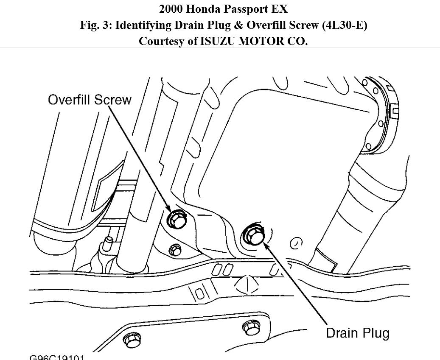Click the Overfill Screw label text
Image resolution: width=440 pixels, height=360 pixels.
(90, 100)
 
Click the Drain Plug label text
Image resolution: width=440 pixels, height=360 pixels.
(357, 333)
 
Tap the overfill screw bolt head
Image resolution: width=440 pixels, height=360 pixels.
(175, 219)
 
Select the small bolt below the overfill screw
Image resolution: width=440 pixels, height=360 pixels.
(175, 250)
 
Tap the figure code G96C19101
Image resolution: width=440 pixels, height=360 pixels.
(57, 357)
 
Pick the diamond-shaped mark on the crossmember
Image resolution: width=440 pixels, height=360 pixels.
(247, 283)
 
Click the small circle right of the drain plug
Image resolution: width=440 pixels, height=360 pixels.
(296, 243)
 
